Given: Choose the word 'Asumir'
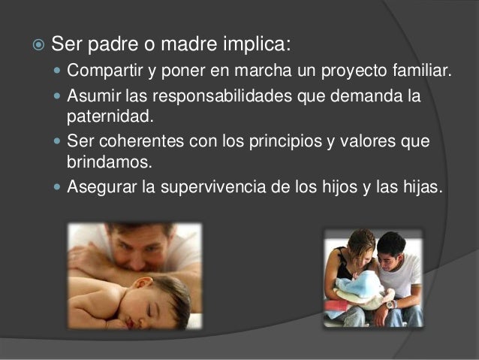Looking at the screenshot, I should [89, 98].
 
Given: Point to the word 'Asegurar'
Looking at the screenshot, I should [97, 187].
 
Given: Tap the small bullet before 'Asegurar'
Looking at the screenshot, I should [59, 187].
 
